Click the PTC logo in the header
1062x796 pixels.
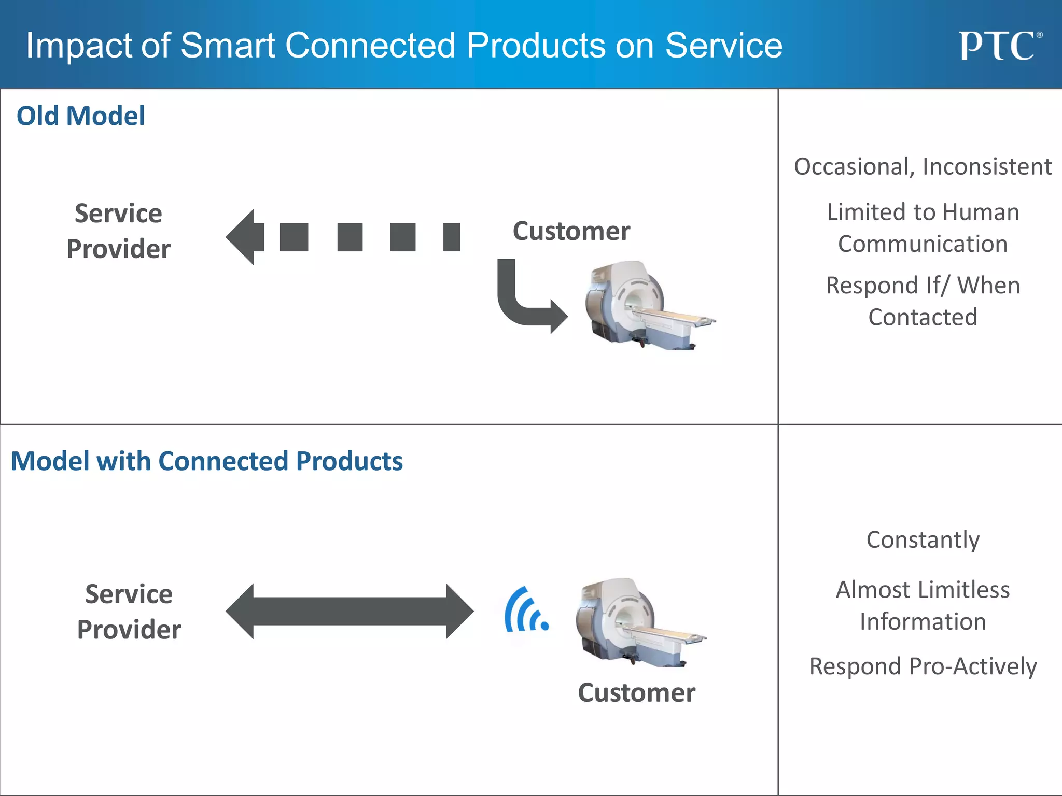tap(999, 46)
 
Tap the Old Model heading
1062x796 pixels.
tap(81, 116)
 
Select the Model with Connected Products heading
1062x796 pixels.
tap(206, 461)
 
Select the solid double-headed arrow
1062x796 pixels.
tap(350, 612)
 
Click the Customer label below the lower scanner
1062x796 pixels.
tap(636, 693)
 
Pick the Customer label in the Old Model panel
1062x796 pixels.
tap(571, 231)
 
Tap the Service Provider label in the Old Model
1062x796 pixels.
tap(119, 231)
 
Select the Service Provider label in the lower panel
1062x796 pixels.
tap(129, 612)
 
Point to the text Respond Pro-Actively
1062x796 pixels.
tap(923, 666)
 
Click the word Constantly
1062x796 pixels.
tap(923, 540)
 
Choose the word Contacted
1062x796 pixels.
tap(923, 317)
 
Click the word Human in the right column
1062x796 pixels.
tap(981, 212)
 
